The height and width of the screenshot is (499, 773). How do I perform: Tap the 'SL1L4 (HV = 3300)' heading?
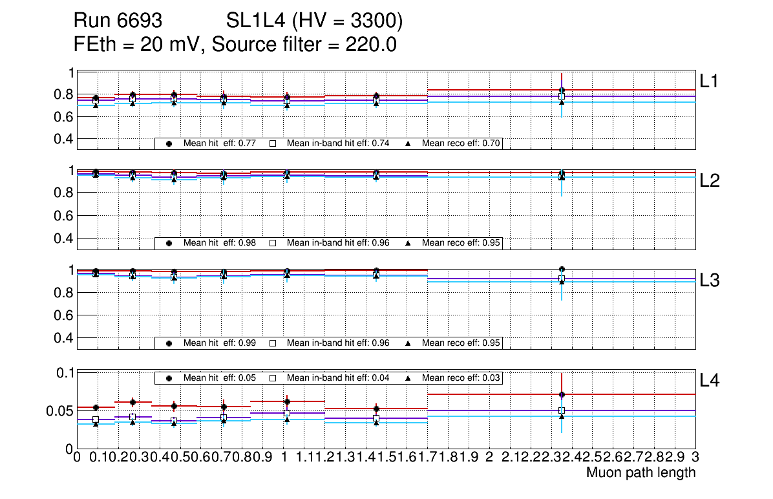click(315, 21)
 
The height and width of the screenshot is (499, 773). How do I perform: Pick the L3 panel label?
click(709, 280)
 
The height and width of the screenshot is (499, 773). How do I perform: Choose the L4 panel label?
click(709, 380)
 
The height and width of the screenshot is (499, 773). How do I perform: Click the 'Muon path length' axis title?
click(641, 472)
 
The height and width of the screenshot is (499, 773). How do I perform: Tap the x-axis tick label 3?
click(695, 458)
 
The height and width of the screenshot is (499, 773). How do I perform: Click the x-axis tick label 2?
click(489, 458)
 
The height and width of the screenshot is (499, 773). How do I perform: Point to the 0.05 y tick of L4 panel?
click(59, 410)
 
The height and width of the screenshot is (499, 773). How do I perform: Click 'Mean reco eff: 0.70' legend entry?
click(461, 143)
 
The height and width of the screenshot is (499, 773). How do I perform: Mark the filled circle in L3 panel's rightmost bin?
click(562, 269)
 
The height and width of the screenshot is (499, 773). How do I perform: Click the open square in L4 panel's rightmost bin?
click(562, 410)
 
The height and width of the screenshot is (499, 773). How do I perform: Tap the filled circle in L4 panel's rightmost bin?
click(562, 394)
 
